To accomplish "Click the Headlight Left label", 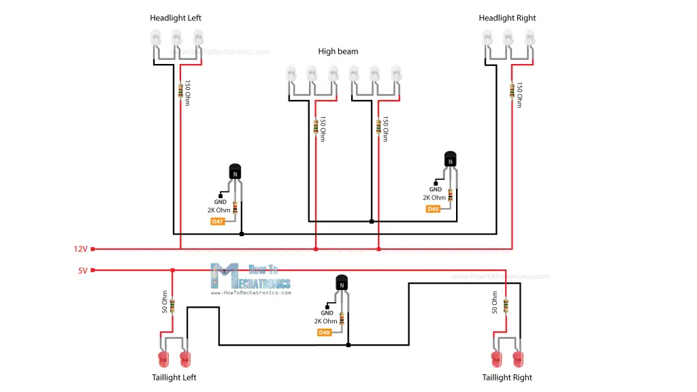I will [x=176, y=18].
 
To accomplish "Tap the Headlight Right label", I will [x=507, y=18].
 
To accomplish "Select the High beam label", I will [x=338, y=52].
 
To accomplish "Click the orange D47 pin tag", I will [x=218, y=221].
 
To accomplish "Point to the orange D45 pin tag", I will [x=434, y=209].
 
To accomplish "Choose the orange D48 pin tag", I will [x=325, y=332].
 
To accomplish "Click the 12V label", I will [x=81, y=249].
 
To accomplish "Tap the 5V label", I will [x=83, y=270].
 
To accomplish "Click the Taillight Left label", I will [x=174, y=377].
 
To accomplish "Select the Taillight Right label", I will [x=507, y=377].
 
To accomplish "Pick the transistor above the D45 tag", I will [x=451, y=160].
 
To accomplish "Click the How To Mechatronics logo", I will [x=250, y=278].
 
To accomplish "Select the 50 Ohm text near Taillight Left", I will [x=164, y=302].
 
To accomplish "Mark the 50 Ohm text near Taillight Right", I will [x=495, y=302].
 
